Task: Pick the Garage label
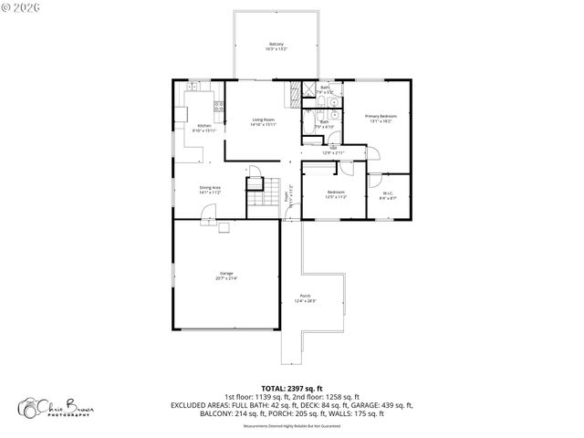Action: (225, 276)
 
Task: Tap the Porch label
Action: (304, 297)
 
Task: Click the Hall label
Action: (333, 151)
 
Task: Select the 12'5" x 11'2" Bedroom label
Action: (336, 193)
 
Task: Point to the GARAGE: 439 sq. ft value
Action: (382, 405)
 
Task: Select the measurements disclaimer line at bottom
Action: (291, 424)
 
